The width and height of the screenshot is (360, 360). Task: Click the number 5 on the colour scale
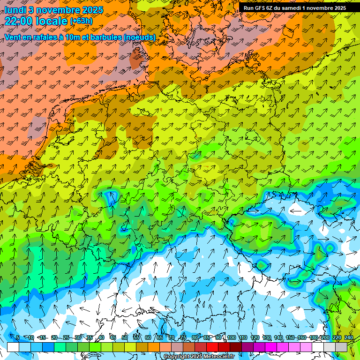(18, 338)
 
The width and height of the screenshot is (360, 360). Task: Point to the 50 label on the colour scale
(125, 338)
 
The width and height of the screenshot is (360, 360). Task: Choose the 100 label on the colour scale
(232, 338)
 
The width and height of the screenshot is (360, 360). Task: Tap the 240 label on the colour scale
(349, 338)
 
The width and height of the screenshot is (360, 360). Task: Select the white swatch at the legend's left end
(13, 347)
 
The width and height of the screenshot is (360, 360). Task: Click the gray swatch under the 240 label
(341, 347)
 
